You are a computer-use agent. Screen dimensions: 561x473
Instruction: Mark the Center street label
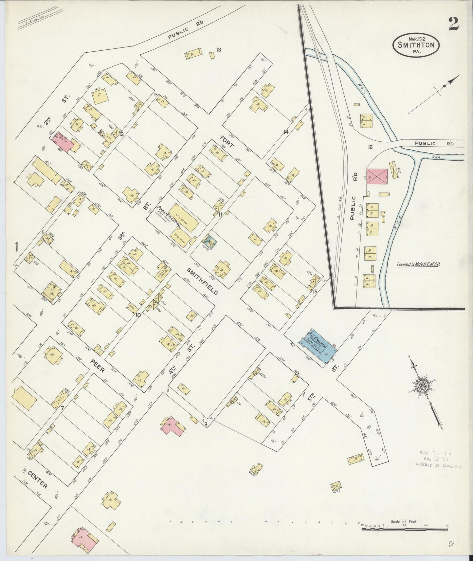[x=38, y=479]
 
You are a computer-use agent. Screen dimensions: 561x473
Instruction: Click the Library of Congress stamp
[x=438, y=459]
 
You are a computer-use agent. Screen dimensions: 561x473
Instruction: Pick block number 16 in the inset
[x=370, y=147]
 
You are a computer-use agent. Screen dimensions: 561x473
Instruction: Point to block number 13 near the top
[x=219, y=50]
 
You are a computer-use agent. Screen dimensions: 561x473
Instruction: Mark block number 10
[x=138, y=315]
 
